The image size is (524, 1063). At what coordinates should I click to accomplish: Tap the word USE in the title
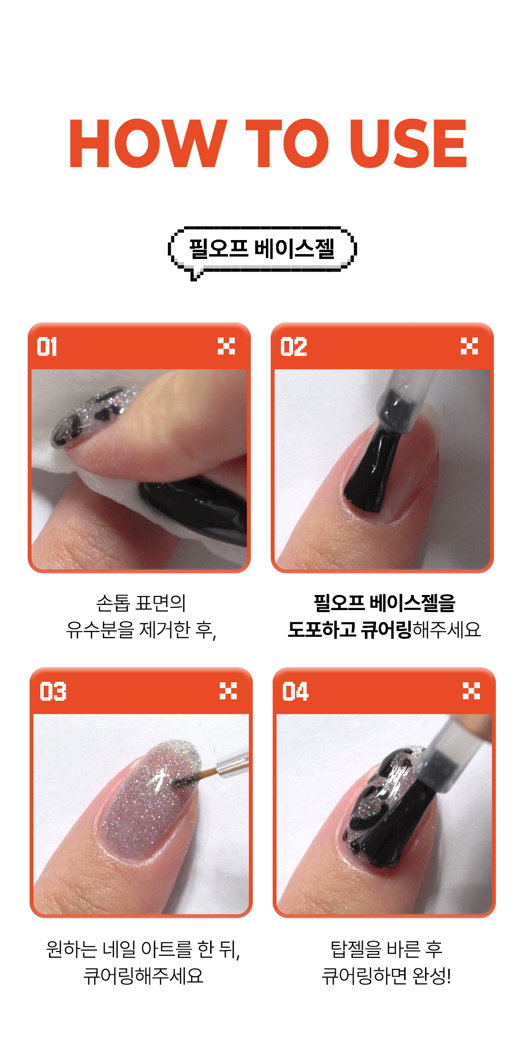coord(408,144)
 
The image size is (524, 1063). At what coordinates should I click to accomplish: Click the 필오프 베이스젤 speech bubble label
coord(262,248)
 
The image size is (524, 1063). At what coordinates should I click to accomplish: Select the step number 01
coord(47,347)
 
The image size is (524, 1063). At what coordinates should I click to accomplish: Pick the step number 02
coord(294,347)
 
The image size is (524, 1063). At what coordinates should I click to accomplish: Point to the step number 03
coord(53,692)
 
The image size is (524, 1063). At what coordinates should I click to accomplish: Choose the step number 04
coord(295,692)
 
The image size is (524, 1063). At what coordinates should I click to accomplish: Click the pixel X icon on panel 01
coord(226,346)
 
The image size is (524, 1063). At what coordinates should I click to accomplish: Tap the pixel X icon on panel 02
coord(469,346)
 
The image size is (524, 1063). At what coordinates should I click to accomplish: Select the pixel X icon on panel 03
coord(228,691)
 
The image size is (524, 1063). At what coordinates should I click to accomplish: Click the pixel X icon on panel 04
coord(471,691)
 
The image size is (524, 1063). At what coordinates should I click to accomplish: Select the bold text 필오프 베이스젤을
coord(384,603)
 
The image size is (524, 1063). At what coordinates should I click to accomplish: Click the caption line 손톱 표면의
coord(141,603)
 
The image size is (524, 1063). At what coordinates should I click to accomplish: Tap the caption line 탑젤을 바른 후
coord(386,949)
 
